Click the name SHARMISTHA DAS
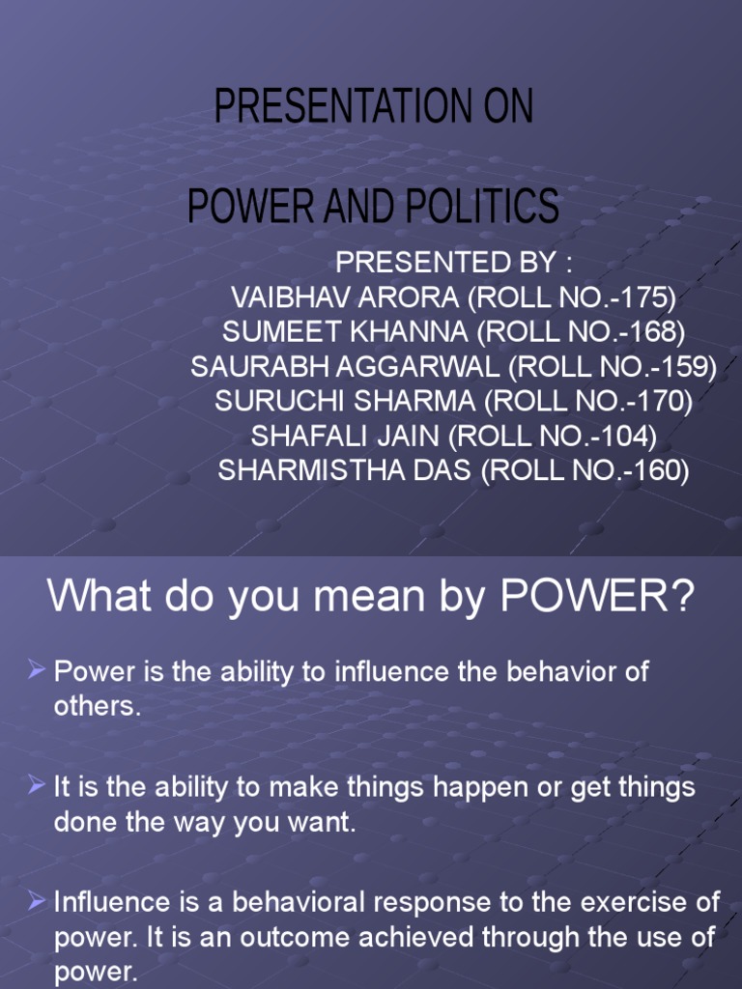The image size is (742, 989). pyautogui.click(x=347, y=470)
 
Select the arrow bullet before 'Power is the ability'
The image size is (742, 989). pyautogui.click(x=37, y=669)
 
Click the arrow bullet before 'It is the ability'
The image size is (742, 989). pyautogui.click(x=37, y=785)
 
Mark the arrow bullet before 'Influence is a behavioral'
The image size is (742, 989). pyautogui.click(x=37, y=901)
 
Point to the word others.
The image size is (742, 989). pyautogui.click(x=96, y=706)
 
